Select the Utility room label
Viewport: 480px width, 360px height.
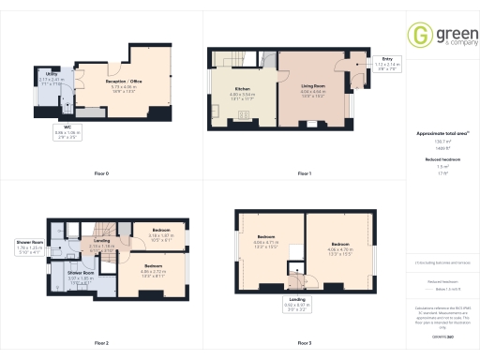point(50,75)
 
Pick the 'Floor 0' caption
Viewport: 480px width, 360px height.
point(100,173)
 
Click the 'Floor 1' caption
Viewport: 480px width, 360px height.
point(304,173)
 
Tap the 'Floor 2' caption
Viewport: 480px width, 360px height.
point(100,343)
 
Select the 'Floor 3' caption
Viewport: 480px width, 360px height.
point(304,343)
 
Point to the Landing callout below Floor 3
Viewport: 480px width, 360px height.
point(296,306)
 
